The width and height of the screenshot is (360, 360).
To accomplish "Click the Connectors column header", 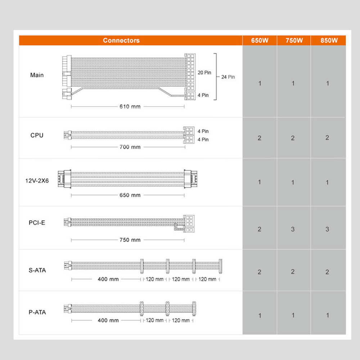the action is point(121,40).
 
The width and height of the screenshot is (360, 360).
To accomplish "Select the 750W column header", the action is point(294,40).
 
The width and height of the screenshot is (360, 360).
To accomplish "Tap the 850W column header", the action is point(329,40).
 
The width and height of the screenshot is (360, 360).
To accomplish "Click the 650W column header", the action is point(260,40).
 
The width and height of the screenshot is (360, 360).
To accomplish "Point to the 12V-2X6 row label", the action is point(37,181).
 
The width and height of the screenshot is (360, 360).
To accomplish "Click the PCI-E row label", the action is point(37,223).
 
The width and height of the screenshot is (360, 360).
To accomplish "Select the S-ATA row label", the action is point(37,270).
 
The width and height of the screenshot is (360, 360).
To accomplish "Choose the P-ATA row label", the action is point(37,312).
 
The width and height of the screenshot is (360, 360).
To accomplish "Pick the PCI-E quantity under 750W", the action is point(293,229).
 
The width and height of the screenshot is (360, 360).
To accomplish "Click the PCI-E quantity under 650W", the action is point(260,229).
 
